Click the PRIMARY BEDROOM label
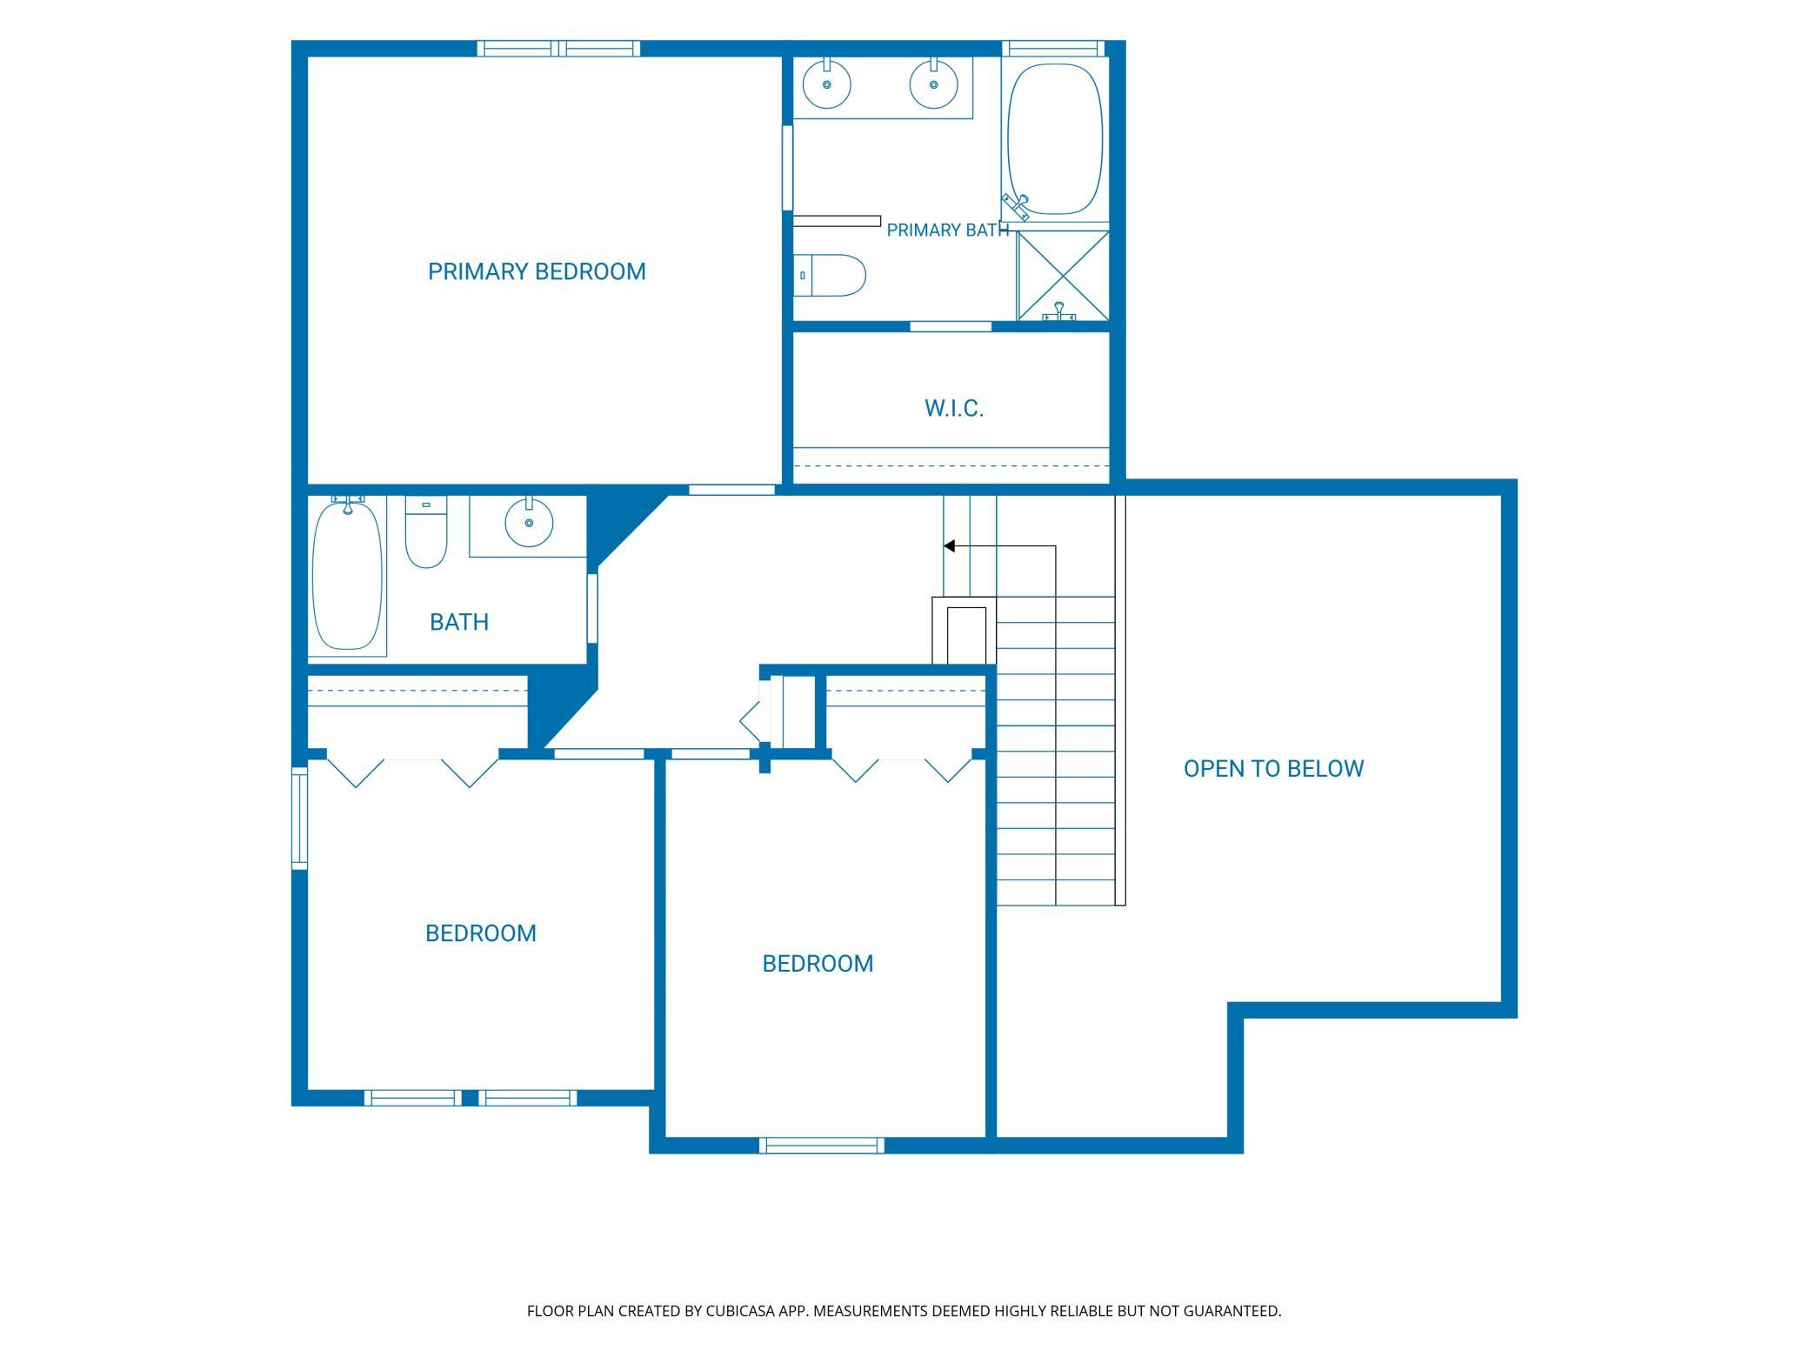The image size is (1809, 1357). coord(537,271)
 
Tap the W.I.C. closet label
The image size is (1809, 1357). coord(954,409)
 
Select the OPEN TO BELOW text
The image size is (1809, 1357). coord(1273,769)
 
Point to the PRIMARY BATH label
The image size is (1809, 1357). coord(948,230)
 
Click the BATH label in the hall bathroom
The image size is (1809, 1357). coord(459,622)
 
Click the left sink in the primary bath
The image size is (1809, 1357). coord(827,84)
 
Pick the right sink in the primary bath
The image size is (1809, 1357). coord(934,84)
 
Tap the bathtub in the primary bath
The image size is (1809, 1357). coord(1055,139)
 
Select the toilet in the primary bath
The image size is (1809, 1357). coord(830,276)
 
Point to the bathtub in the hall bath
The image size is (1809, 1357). coord(347,574)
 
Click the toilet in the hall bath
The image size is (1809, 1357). coord(426,531)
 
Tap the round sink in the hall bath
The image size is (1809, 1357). coord(529,523)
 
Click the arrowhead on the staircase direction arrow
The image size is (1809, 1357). coord(950,546)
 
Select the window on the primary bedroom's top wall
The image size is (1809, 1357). coord(558,49)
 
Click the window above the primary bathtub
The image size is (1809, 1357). coord(1053,49)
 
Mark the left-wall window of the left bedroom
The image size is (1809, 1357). coord(299,818)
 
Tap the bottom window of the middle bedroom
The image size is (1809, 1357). coord(822,1146)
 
